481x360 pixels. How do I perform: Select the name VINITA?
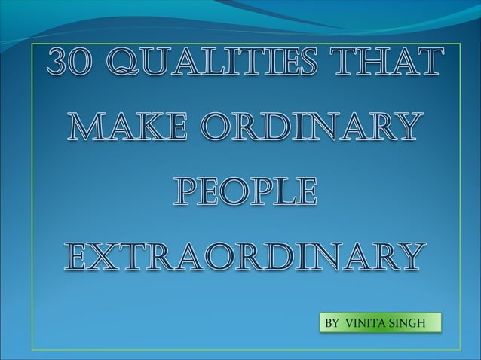367,323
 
